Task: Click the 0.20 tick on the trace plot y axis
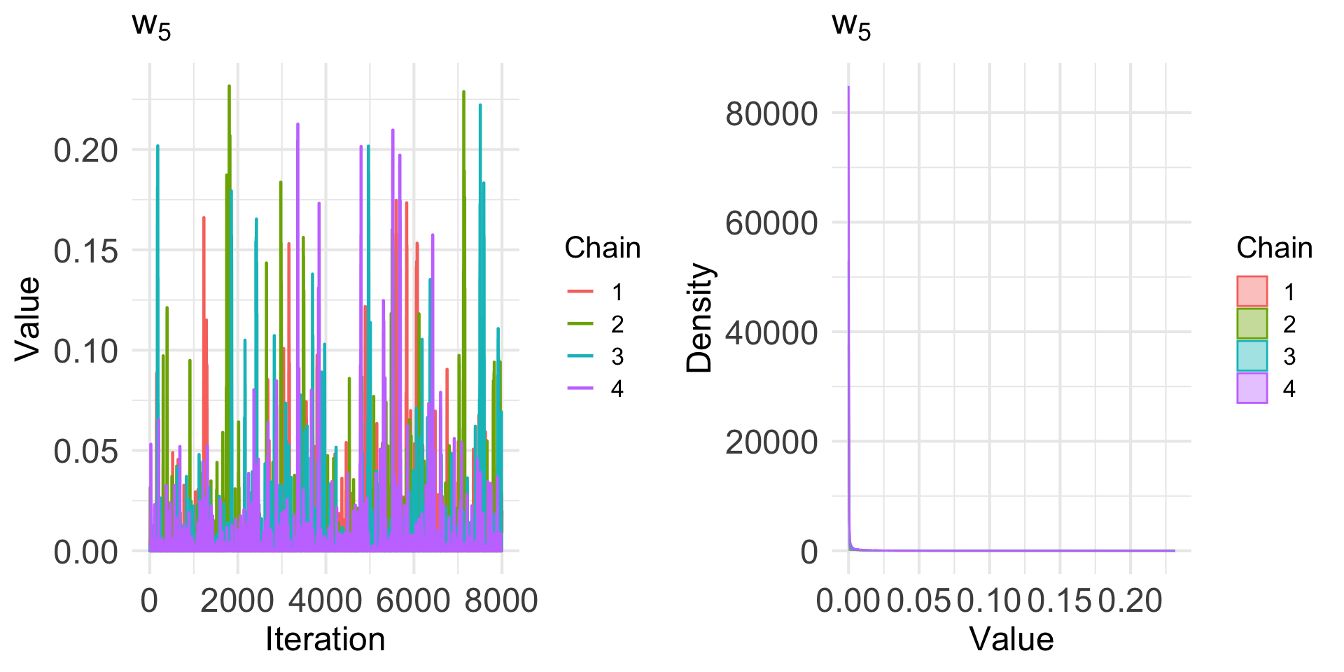click(85, 150)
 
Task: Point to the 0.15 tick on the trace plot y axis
click(85, 251)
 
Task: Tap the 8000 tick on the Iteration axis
click(501, 601)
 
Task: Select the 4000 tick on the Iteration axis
click(325, 601)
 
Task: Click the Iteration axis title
click(325, 639)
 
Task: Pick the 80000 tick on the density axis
click(771, 113)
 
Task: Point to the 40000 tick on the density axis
click(771, 332)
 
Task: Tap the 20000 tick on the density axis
click(771, 442)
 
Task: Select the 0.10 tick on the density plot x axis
click(989, 601)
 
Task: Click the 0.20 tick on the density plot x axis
click(1130, 601)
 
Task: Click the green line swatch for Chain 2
click(580, 324)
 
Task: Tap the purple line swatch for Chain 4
click(580, 388)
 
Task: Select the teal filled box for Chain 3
click(1252, 356)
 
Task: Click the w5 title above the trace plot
click(151, 26)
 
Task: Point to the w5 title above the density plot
click(851, 26)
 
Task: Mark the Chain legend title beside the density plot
click(1274, 248)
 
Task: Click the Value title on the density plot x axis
click(1011, 639)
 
